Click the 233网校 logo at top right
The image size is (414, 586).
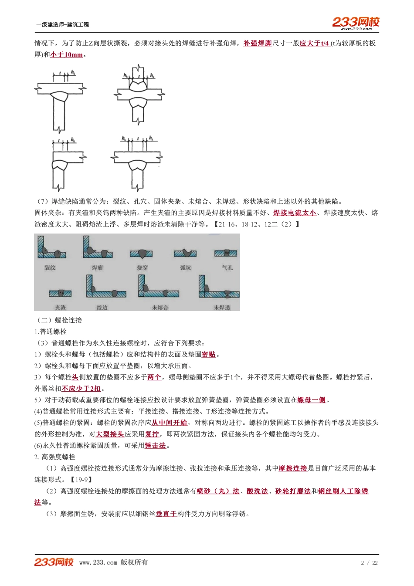[356, 23]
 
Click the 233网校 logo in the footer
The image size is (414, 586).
[54, 562]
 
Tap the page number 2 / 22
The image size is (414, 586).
[369, 563]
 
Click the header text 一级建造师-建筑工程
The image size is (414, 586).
[63, 25]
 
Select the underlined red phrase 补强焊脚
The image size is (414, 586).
[258, 44]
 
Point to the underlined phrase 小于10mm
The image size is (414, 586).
[66, 55]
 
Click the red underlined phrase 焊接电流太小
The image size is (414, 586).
[295, 213]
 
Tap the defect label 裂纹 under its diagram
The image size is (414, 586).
[50, 268]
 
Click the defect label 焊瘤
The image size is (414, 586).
[97, 268]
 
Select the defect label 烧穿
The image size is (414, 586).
[143, 268]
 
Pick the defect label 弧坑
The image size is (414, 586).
[186, 268]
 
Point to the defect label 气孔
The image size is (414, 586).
[227, 268]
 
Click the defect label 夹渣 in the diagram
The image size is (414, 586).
[61, 308]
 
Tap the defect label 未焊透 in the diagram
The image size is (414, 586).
[222, 308]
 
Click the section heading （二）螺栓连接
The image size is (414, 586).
[58, 320]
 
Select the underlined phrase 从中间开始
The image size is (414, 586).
[170, 423]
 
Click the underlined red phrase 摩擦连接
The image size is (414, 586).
[293, 468]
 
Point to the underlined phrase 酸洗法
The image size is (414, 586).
[257, 491]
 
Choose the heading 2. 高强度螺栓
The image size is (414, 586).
[55, 457]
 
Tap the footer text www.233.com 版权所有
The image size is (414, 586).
[113, 562]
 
